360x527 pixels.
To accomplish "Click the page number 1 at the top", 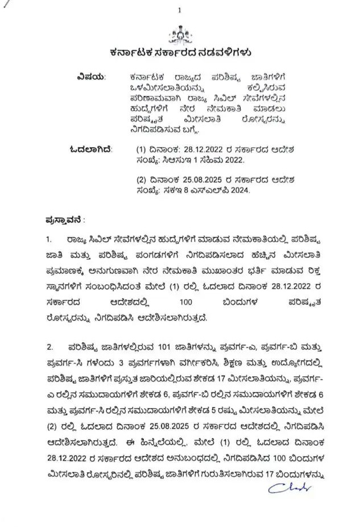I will pos(179,10).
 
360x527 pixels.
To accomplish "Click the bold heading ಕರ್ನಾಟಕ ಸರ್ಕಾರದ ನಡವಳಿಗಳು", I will pos(180,53).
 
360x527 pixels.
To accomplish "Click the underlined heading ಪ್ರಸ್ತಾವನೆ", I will pos(64,219).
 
